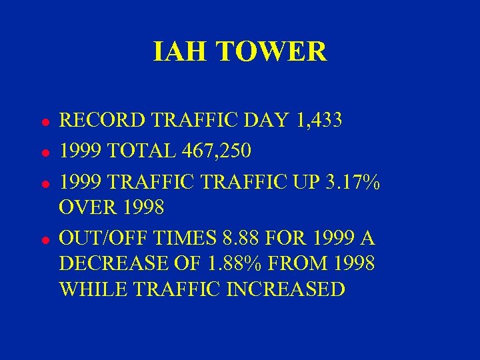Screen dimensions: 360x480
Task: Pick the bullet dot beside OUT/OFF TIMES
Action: point(42,239)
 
